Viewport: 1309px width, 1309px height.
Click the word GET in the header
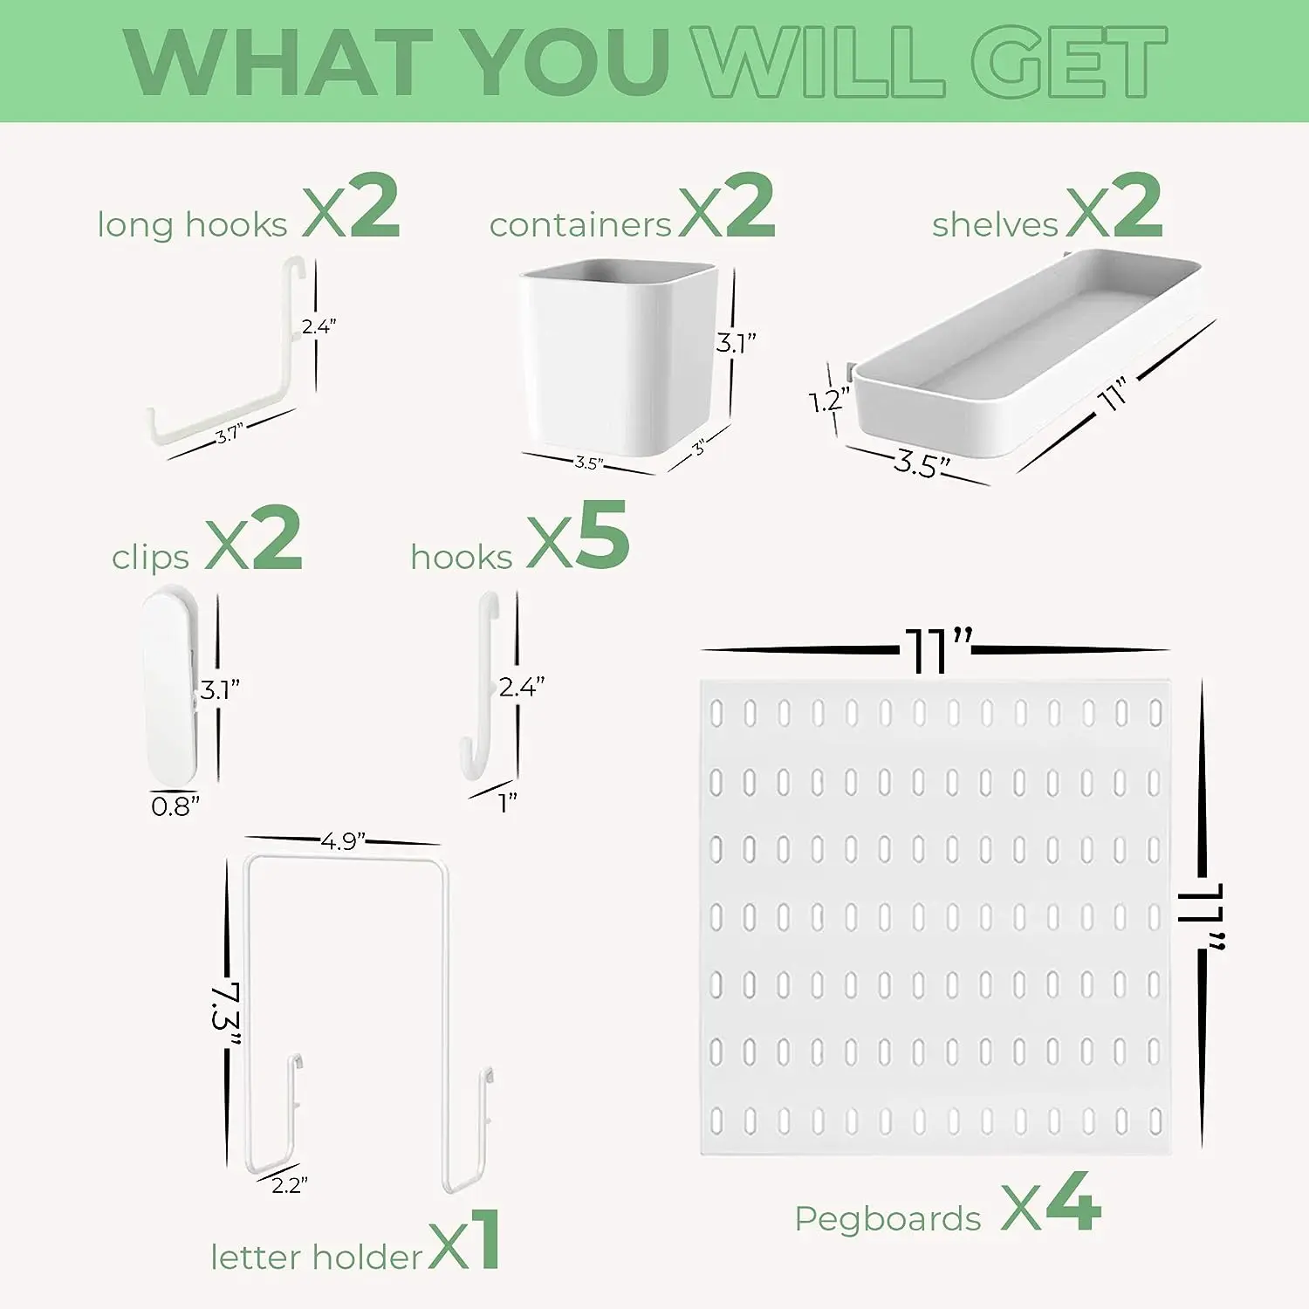point(1070,62)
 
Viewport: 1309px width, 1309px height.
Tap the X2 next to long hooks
point(351,207)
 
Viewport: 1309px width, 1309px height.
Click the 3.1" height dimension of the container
point(736,343)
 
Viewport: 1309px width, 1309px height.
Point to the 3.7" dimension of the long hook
point(229,434)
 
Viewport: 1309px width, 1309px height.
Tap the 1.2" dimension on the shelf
point(828,401)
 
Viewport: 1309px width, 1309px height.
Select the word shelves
point(995,225)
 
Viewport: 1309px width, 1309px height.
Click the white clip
point(171,686)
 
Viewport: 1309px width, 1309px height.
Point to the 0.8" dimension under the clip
point(175,806)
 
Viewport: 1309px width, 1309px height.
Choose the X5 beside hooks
point(578,536)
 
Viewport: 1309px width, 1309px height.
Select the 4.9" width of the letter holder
point(343,841)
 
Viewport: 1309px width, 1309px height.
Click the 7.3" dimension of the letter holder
point(226,1018)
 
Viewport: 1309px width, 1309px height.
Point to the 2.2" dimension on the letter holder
point(289,1185)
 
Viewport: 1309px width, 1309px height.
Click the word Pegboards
point(888,1219)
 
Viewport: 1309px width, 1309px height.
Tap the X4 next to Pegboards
point(1051,1204)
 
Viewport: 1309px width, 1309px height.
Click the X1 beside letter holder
point(464,1241)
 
